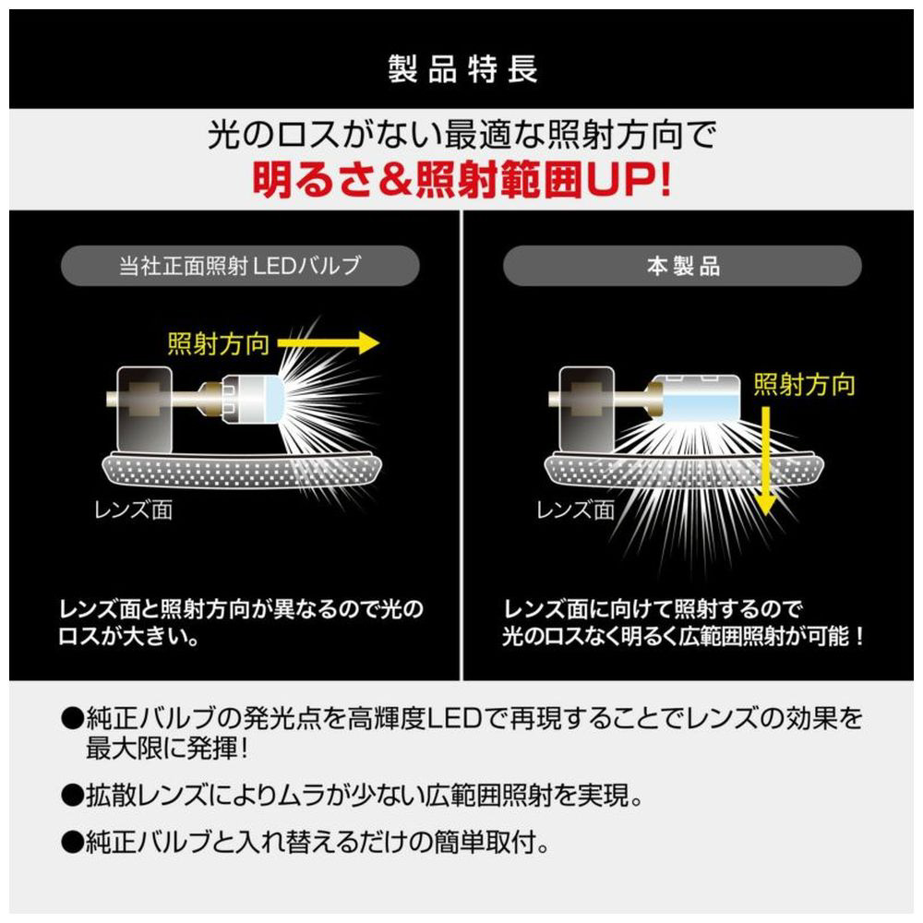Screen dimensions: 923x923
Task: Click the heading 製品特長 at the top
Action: coord(462,69)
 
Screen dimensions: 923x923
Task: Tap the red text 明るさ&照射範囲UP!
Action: coord(462,179)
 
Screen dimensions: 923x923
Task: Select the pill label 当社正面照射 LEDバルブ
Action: coord(240,266)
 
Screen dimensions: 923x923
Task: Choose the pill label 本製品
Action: coord(682,266)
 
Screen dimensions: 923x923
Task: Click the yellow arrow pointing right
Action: coord(328,342)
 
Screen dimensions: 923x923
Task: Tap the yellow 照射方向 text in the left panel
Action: coord(219,343)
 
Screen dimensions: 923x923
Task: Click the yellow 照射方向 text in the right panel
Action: coord(804,384)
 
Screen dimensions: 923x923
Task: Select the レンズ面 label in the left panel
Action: coord(134,509)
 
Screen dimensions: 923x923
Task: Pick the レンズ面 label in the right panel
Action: coord(575,509)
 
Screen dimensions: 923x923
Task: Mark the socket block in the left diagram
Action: coord(144,411)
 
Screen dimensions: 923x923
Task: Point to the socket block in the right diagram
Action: coord(586,411)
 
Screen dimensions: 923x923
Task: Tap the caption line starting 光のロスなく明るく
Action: coord(683,636)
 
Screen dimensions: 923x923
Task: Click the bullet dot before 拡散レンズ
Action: coord(72,796)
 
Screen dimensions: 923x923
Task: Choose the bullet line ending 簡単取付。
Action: coord(306,843)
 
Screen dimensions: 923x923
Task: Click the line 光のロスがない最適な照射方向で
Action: coord(462,135)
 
